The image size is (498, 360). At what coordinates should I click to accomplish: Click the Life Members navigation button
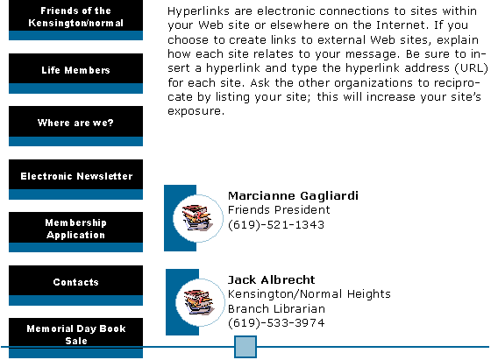(x=75, y=74)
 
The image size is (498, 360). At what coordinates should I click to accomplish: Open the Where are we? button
(x=75, y=126)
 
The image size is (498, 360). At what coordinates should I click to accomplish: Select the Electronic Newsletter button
(x=75, y=180)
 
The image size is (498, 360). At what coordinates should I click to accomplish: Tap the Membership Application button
(x=75, y=232)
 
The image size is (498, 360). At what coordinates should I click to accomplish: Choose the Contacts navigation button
(x=75, y=286)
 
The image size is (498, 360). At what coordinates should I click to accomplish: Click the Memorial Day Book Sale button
(x=75, y=338)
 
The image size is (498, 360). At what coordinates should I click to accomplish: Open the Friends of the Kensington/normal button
(x=75, y=20)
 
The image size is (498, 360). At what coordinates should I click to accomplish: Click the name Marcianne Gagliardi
(x=293, y=195)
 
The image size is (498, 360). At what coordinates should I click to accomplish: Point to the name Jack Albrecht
(x=272, y=279)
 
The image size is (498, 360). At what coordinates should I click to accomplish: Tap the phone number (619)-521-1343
(x=276, y=224)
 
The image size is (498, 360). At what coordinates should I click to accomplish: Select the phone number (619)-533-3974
(x=276, y=323)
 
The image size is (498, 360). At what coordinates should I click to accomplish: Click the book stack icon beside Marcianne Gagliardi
(x=197, y=217)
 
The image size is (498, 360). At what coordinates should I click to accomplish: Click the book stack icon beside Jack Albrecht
(x=199, y=302)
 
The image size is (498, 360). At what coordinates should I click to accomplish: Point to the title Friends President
(x=279, y=210)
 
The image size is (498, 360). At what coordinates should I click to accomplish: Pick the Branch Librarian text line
(x=276, y=308)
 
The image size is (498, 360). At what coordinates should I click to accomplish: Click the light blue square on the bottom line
(x=245, y=347)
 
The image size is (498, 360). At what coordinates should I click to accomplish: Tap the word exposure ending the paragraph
(x=196, y=111)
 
